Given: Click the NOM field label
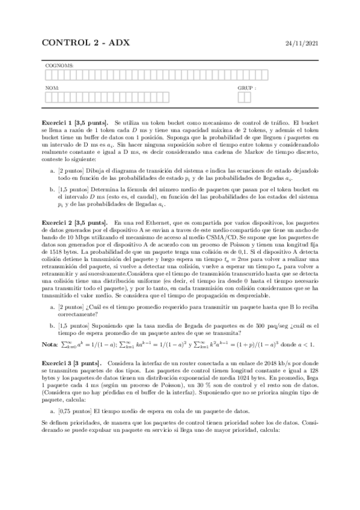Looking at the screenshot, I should [x=52, y=88].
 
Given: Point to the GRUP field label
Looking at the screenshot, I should [x=247, y=88].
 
